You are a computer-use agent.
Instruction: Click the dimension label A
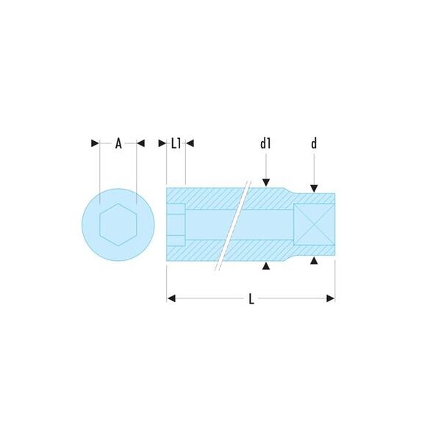tap(118, 144)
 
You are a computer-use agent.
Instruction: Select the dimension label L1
tap(176, 144)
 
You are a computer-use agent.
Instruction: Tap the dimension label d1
tap(265, 143)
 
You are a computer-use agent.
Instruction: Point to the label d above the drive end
tap(314, 143)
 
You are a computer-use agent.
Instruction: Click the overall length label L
tap(251, 299)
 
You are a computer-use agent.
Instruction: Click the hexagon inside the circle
tap(118, 225)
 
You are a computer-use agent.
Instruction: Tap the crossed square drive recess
tap(314, 224)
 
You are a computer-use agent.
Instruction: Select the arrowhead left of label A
tap(95, 143)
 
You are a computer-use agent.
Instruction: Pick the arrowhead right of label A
tap(140, 143)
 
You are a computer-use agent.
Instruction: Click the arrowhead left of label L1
tap(162, 143)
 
